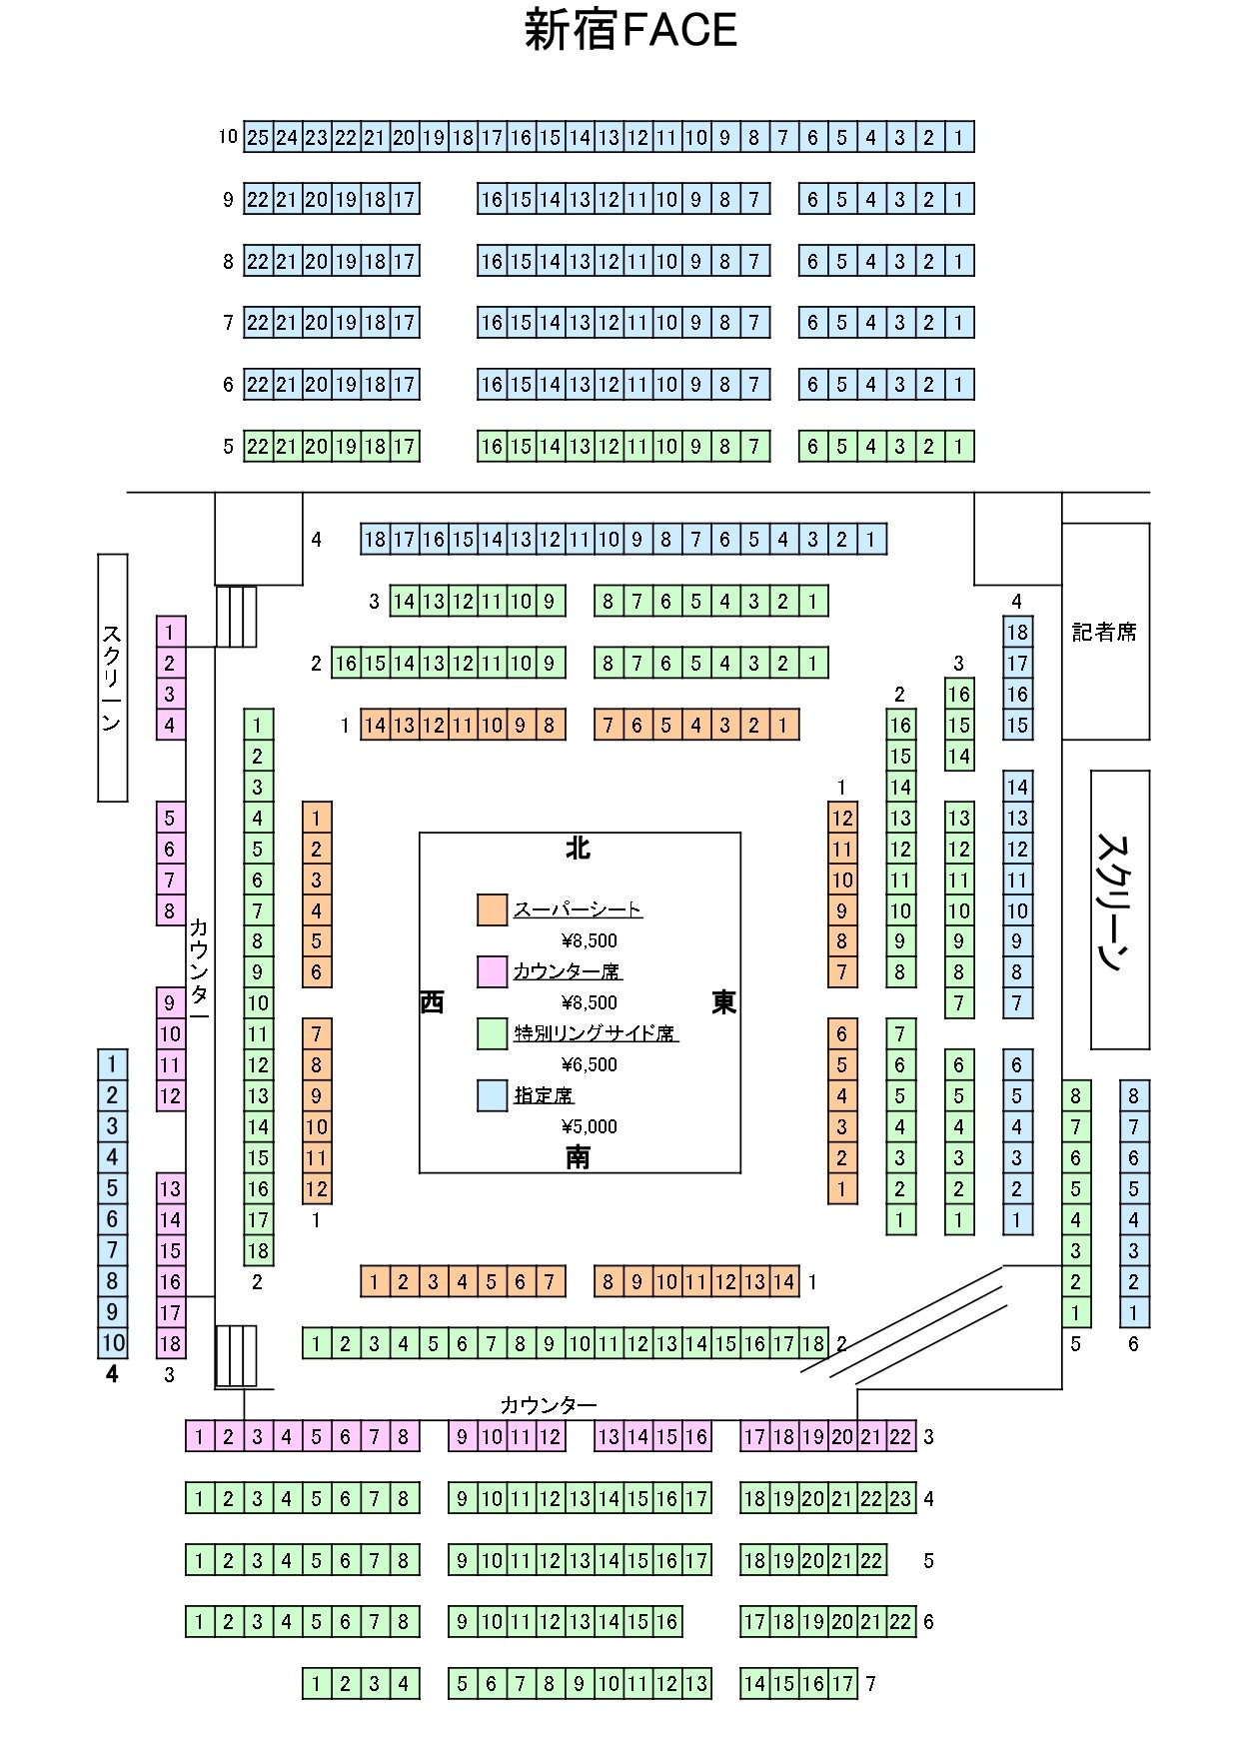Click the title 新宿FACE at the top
[630, 30]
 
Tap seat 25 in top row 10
[258, 137]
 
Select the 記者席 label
[1104, 632]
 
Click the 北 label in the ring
[578, 848]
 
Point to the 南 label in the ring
[578, 1156]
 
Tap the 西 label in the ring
[432, 1002]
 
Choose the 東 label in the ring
[724, 1002]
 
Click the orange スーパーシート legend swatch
[493, 909]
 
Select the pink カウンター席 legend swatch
[493, 971]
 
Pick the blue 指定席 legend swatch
[493, 1095]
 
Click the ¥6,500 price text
[589, 1064]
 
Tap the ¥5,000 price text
[589, 1126]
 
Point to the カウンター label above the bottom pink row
[549, 1405]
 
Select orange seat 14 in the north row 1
[375, 725]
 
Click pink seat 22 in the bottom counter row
[900, 1436]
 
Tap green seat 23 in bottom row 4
[900, 1498]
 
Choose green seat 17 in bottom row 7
[842, 1683]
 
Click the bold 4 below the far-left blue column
[112, 1375]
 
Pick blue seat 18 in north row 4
[375, 540]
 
